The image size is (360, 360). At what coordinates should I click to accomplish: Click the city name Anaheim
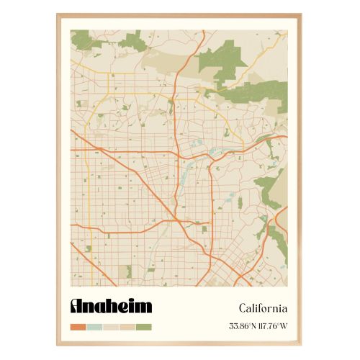pyautogui.click(x=111, y=305)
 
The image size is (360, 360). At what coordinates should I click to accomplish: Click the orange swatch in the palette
pyautogui.click(x=78, y=327)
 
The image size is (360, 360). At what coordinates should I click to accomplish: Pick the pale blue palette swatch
pyautogui.click(x=94, y=327)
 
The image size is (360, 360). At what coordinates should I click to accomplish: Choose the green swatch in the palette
pyautogui.click(x=144, y=327)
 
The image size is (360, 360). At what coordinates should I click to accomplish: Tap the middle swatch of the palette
pyautogui.click(x=111, y=327)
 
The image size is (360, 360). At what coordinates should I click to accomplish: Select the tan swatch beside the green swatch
pyautogui.click(x=127, y=327)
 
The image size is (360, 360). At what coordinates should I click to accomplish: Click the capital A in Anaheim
pyautogui.click(x=77, y=306)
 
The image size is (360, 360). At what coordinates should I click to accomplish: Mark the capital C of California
pyautogui.click(x=233, y=308)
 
